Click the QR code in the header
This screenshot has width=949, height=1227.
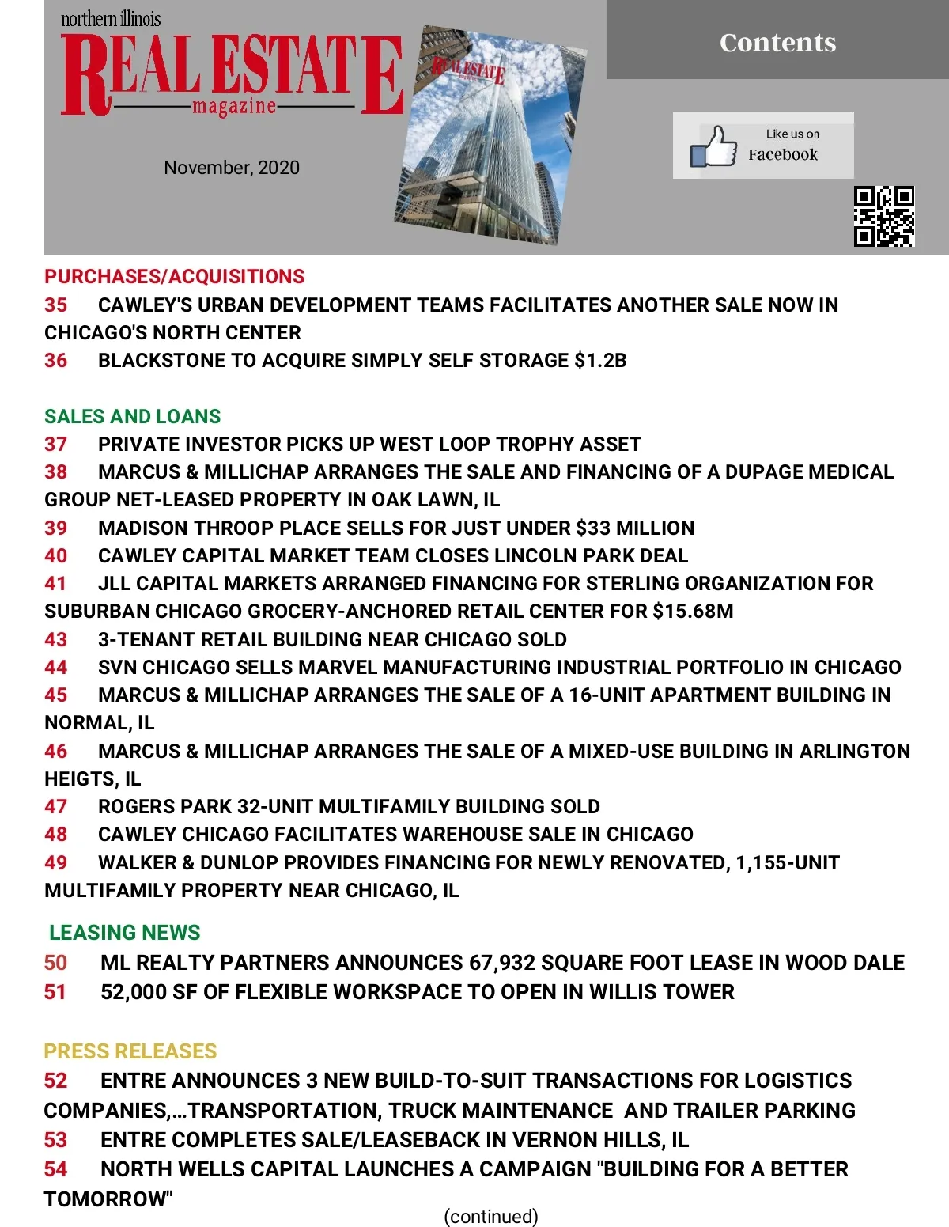[x=884, y=217]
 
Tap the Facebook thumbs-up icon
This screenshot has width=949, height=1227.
[x=713, y=146]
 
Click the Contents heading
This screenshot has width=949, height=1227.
[x=777, y=42]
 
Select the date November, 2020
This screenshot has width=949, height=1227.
[x=232, y=168]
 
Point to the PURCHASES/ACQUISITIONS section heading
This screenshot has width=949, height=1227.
[x=174, y=276]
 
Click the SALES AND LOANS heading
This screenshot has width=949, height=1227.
[x=132, y=416]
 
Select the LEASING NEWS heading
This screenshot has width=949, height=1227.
[x=125, y=933]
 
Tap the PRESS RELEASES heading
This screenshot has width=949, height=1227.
[x=130, y=1051]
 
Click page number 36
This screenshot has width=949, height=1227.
[x=55, y=361]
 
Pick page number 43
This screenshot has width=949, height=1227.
[x=55, y=639]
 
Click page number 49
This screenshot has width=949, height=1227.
[x=55, y=862]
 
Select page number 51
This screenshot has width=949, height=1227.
[x=55, y=992]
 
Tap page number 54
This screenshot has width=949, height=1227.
[x=55, y=1169]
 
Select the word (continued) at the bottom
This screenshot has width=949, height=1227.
[x=491, y=1216]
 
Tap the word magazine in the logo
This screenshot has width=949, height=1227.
[x=234, y=106]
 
